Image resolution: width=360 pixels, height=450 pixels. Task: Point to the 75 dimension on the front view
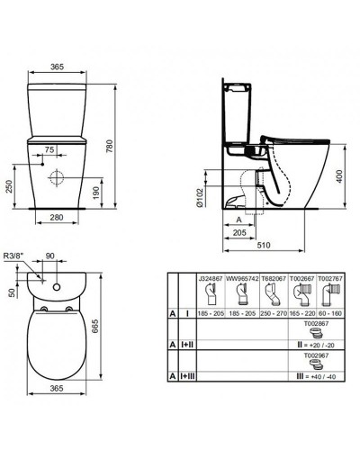coord(50,148)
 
